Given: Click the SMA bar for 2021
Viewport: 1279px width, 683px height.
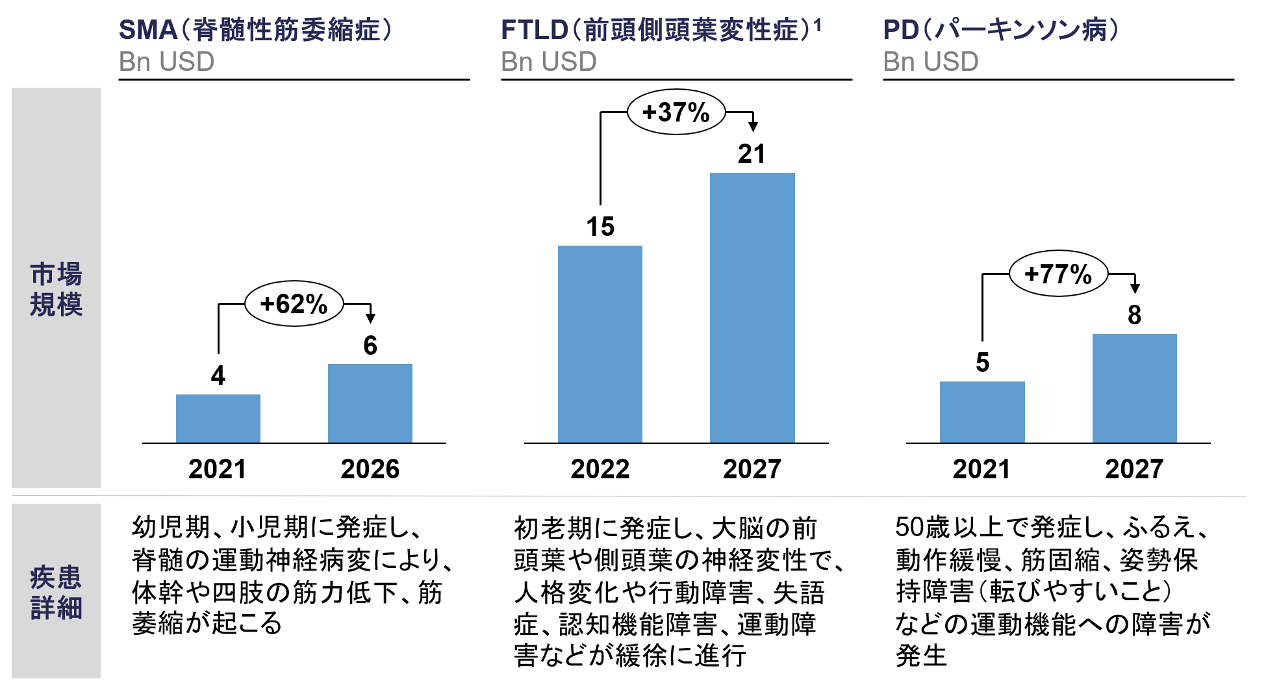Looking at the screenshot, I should (x=218, y=419).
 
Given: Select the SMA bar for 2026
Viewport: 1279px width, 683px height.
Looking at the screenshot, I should (x=370, y=403).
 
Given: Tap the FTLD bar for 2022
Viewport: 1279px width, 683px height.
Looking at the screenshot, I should (x=600, y=344).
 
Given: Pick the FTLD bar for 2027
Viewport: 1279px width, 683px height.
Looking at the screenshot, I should (x=752, y=307).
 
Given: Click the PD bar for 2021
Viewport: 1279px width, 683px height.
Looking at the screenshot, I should (x=981, y=412).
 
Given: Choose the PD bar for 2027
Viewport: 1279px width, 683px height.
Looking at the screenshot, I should (x=1134, y=388).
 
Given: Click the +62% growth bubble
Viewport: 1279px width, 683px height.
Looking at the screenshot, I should (x=294, y=303).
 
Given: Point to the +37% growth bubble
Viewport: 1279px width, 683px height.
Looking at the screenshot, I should (x=676, y=112).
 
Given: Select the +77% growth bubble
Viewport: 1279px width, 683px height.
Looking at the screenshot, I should (x=1057, y=274).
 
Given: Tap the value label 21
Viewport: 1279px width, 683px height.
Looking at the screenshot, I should (x=752, y=154).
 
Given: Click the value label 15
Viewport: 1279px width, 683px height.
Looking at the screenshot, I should (x=600, y=227).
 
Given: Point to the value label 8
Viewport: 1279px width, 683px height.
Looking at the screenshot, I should (x=1134, y=315).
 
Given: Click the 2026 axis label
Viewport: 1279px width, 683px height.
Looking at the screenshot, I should (x=370, y=469).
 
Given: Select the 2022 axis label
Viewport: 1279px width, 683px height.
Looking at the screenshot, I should (x=600, y=469).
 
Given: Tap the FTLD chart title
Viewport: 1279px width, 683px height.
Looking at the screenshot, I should (x=660, y=30).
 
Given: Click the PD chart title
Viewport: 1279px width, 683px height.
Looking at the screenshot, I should (x=1000, y=30).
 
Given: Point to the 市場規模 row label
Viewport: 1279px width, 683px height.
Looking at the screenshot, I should (x=56, y=289).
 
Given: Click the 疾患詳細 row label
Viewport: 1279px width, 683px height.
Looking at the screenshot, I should (x=56, y=591).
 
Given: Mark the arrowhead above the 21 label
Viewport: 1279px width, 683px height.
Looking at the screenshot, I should (x=753, y=126).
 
